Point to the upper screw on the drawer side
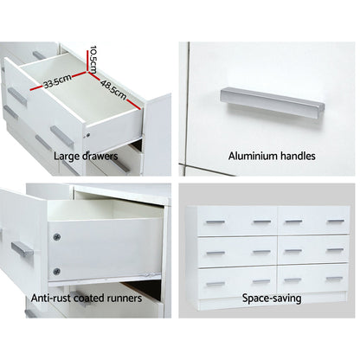[56, 237]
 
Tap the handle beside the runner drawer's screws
[22, 250]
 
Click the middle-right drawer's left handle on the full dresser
[292, 253]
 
